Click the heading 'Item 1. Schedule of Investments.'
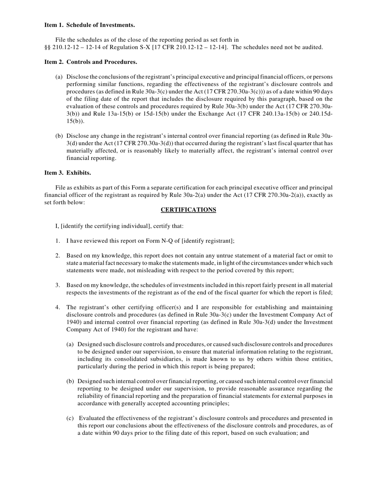tap(89, 25)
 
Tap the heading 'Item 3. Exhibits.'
tap(67, 173)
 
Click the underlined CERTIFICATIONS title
tap(188, 210)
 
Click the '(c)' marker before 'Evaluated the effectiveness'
tap(70, 418)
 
